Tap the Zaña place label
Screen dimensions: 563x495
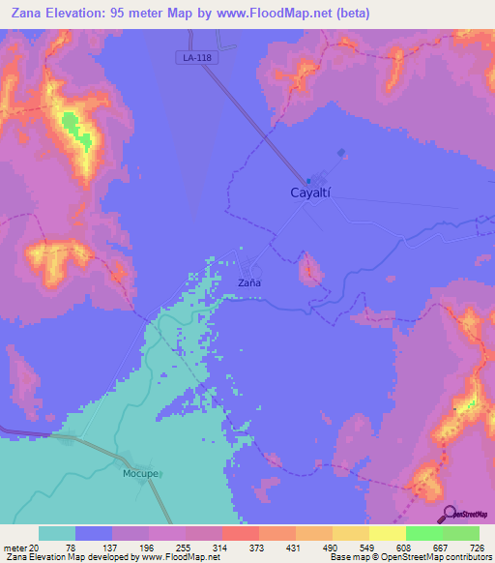(x=250, y=283)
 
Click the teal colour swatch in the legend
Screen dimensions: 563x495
(x=57, y=533)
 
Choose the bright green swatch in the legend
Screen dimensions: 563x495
(x=424, y=533)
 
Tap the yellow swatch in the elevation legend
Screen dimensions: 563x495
(x=388, y=533)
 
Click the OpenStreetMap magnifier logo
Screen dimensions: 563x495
(x=448, y=513)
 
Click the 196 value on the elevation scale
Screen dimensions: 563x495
(x=151, y=547)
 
